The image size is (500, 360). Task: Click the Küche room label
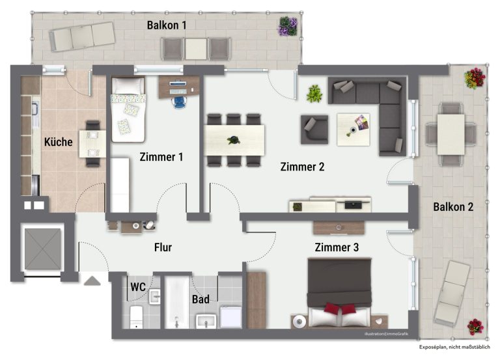point(59,142)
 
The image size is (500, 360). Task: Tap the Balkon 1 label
point(167,25)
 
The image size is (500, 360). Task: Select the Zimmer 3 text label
point(337,247)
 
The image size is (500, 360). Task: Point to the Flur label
point(163,247)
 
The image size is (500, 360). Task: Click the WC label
point(138,287)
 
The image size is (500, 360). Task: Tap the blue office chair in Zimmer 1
point(179,102)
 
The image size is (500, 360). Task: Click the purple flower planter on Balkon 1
point(288,26)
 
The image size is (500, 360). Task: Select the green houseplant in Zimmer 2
point(314,94)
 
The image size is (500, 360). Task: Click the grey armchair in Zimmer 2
point(314,130)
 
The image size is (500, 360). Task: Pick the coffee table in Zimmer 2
point(354,130)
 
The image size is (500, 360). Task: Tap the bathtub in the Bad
point(177,302)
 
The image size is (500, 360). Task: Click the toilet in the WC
point(136,316)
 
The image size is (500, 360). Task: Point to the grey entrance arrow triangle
point(92,281)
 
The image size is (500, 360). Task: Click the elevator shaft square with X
point(43,249)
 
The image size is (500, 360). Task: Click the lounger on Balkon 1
point(82,36)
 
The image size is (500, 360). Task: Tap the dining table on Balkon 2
point(451,134)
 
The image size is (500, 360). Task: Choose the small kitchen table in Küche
point(92,143)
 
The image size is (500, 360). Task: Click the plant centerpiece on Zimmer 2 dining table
point(234,140)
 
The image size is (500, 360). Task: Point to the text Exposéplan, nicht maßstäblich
point(454,347)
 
